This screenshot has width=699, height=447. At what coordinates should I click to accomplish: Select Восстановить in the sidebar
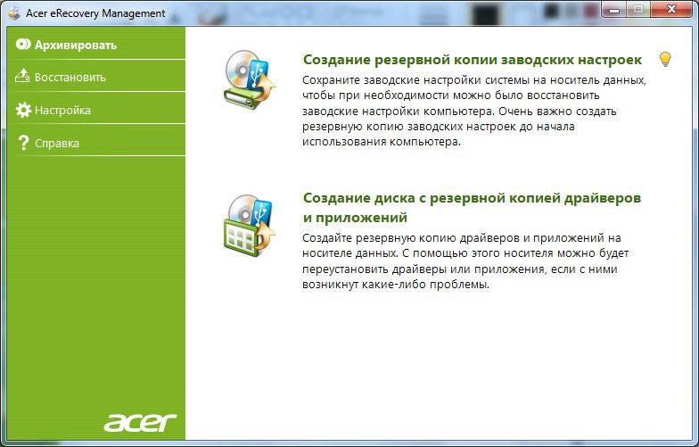point(70,77)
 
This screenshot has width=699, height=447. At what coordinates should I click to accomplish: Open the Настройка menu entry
point(62,111)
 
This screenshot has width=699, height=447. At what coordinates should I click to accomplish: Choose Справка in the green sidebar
point(57,143)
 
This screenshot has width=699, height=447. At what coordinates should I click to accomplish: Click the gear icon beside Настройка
point(23,110)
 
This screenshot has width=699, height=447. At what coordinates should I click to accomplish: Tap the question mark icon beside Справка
point(23,143)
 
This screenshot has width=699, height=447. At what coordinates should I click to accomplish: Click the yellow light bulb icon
point(665,59)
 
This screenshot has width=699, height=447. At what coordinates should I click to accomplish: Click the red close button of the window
point(671,9)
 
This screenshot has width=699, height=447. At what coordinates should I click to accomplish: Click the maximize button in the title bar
point(638,9)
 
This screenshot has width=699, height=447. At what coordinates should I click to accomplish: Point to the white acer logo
point(140,422)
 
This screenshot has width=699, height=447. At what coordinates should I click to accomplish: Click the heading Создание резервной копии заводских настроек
point(473,60)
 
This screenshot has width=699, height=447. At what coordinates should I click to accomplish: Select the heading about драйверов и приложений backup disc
point(472,207)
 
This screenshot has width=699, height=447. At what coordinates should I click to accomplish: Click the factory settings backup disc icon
point(249,79)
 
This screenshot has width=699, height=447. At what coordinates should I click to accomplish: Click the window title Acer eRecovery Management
point(95,13)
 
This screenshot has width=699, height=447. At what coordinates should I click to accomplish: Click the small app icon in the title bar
point(14,13)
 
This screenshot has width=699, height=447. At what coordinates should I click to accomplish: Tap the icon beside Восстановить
point(22,77)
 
